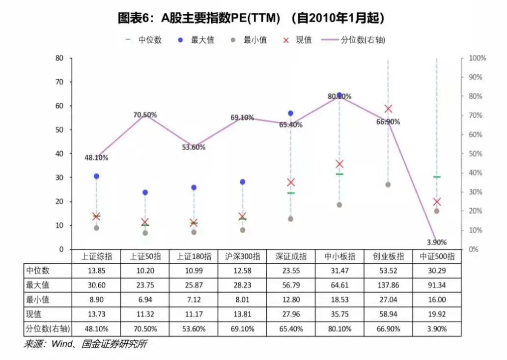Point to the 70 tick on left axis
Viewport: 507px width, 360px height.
click(59, 82)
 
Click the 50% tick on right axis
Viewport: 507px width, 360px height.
click(477, 154)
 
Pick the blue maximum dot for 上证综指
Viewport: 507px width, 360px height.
click(96, 176)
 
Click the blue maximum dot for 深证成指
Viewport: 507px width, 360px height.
click(290, 113)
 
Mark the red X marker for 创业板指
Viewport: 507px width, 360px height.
click(388, 109)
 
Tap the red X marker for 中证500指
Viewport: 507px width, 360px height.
click(437, 201)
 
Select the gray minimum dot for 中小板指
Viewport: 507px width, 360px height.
click(339, 205)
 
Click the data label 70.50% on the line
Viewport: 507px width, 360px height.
click(145, 115)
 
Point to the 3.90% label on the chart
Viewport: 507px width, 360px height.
click(437, 242)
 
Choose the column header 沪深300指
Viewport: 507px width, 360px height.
click(242, 256)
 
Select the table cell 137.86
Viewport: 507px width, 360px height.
click(388, 285)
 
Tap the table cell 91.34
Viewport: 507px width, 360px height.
click(437, 285)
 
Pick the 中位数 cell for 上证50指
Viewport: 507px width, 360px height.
click(145, 270)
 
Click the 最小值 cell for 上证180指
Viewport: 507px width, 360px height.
click(194, 300)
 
